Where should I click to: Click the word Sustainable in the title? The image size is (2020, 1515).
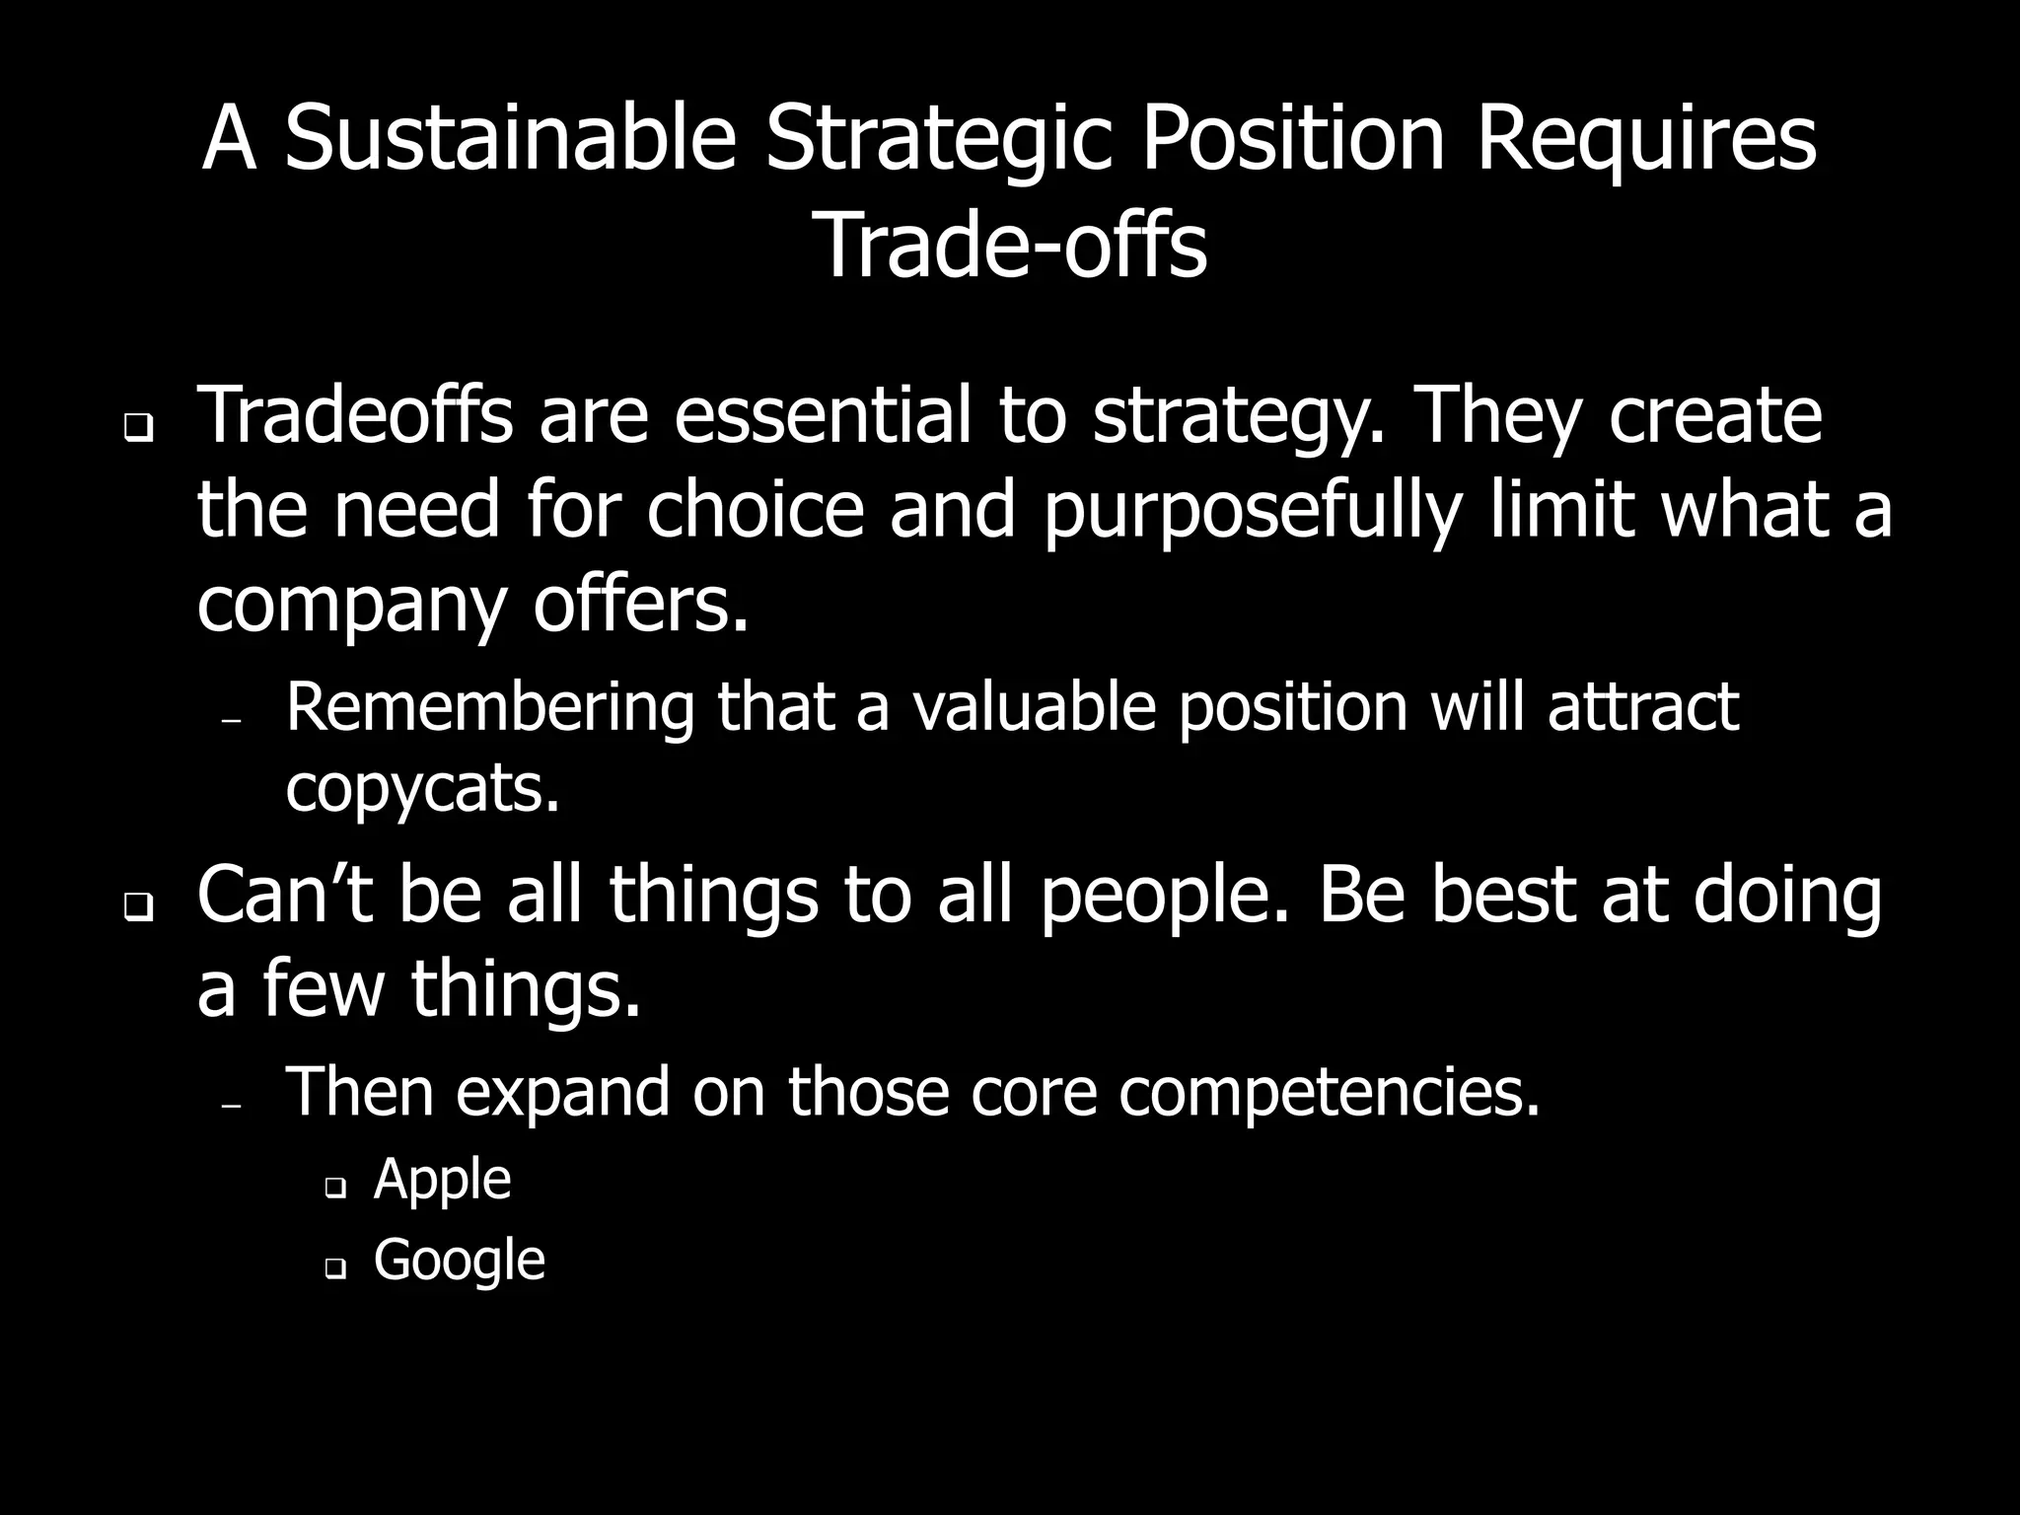[x=510, y=139]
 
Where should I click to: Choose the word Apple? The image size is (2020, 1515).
[x=442, y=1179]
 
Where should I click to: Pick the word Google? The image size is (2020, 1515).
[x=459, y=1260]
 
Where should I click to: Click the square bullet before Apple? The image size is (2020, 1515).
[x=335, y=1190]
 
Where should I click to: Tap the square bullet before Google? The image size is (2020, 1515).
[x=335, y=1270]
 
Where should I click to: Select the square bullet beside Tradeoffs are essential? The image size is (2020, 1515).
[x=139, y=430]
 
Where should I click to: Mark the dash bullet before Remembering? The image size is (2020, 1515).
[x=232, y=722]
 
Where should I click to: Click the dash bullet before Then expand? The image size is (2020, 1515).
[x=232, y=1107]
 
